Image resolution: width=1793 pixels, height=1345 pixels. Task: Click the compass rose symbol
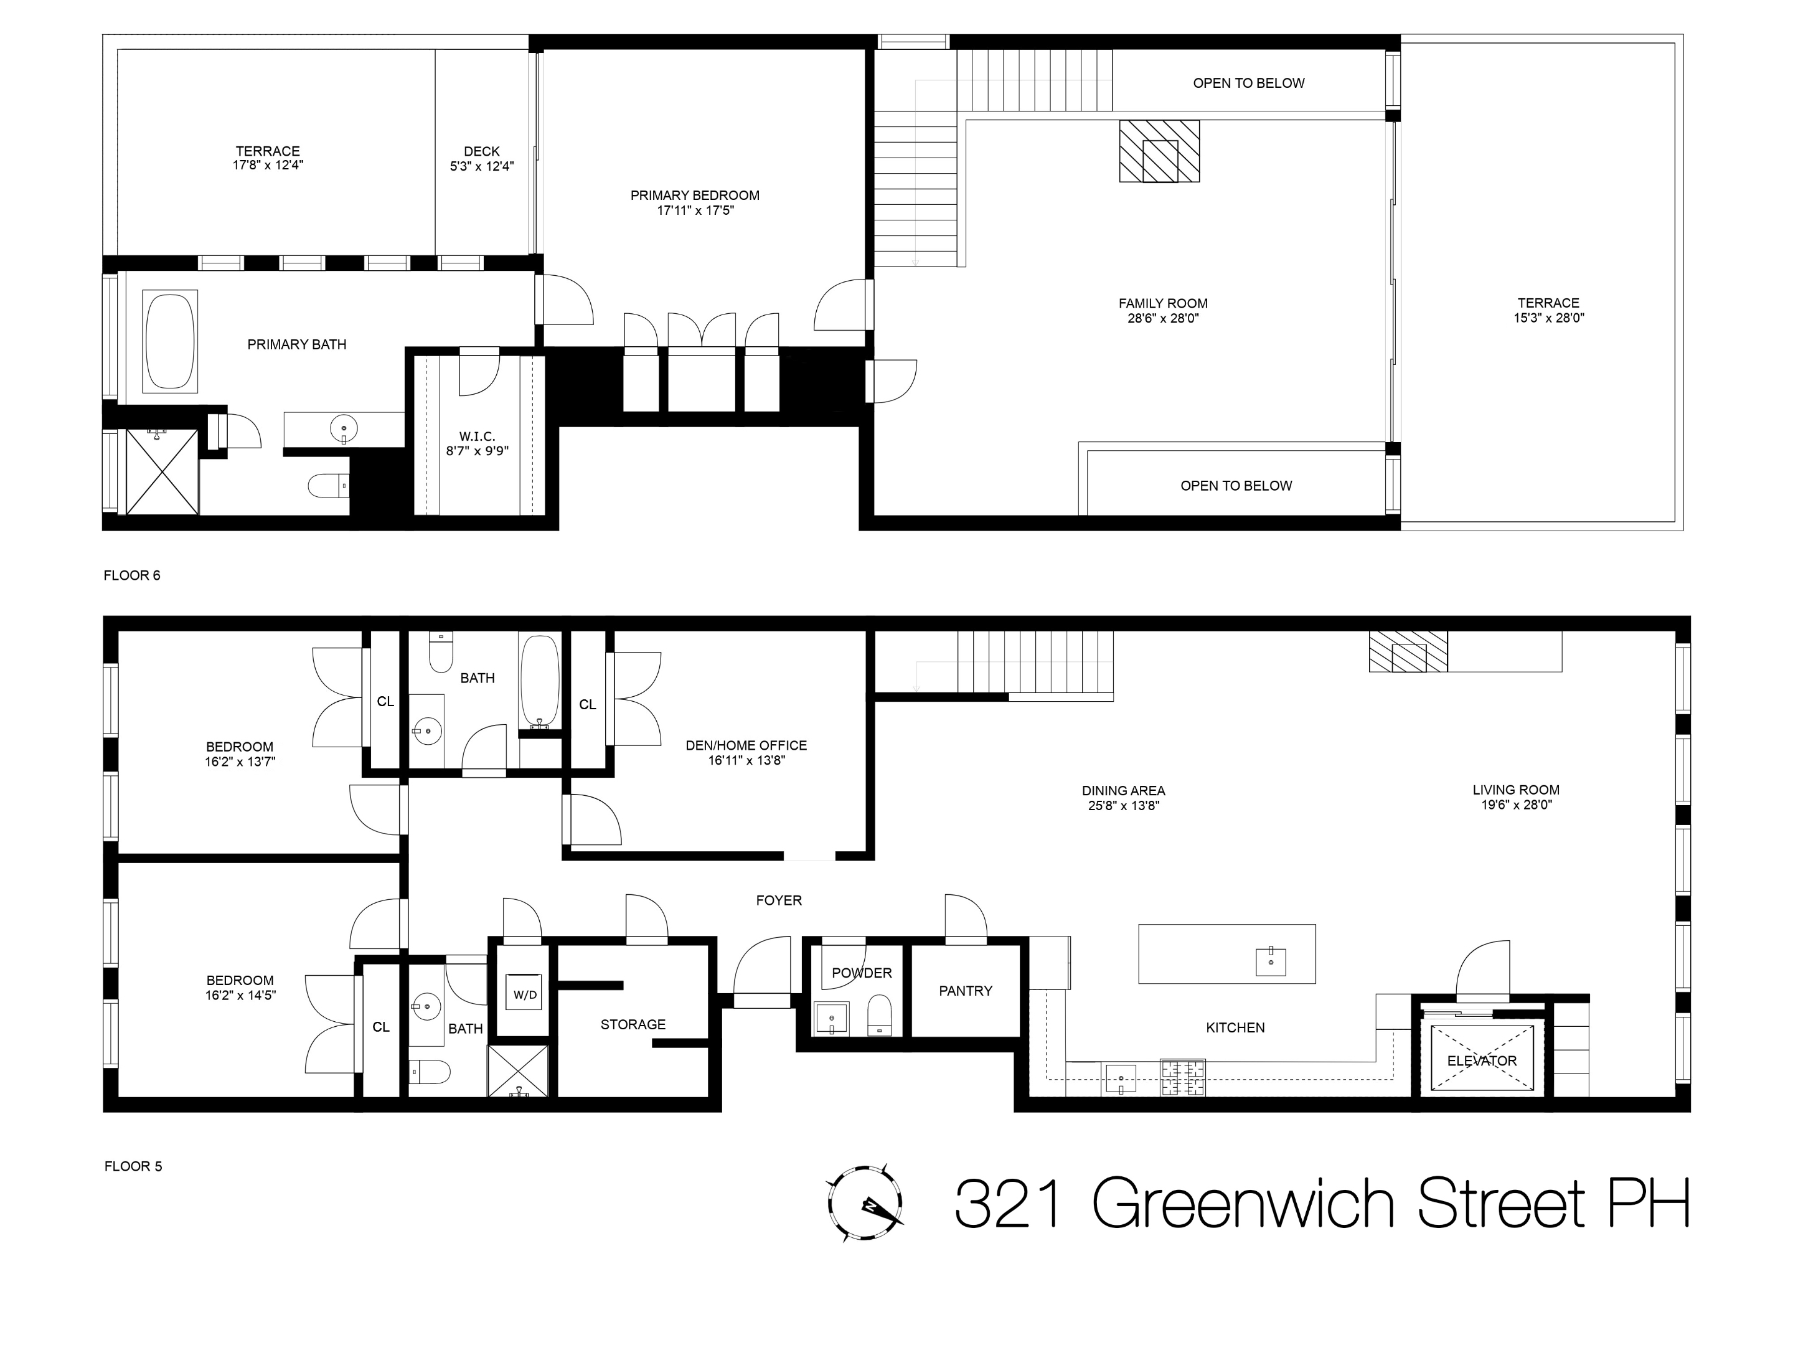click(x=865, y=1203)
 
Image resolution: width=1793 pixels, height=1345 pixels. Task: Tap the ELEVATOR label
click(x=1482, y=1060)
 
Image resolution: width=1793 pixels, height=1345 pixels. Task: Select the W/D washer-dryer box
click(x=524, y=995)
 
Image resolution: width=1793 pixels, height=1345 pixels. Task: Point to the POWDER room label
click(x=862, y=973)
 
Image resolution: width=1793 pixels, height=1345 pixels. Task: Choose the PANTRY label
click(x=966, y=991)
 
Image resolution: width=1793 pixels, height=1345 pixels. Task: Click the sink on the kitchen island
click(x=1270, y=961)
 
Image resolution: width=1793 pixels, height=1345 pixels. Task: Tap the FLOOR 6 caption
click(x=132, y=575)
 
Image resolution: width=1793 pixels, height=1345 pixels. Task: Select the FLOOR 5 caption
click(x=133, y=1167)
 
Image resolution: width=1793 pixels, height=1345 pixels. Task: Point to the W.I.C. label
click(x=477, y=436)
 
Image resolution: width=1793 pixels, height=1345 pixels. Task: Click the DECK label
click(x=481, y=151)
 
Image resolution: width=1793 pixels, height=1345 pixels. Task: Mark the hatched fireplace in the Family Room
click(x=1159, y=151)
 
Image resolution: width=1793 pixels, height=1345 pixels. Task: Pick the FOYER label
click(x=779, y=901)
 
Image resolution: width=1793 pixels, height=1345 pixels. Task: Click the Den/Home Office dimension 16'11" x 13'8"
click(x=746, y=760)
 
